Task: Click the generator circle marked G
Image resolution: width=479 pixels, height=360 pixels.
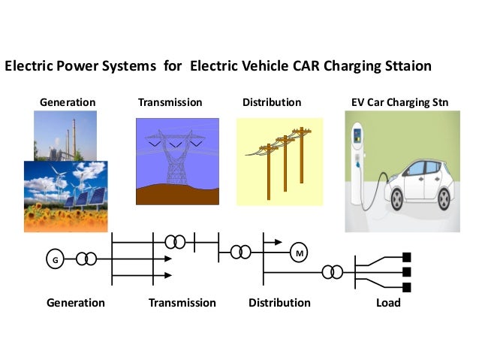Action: click(x=54, y=259)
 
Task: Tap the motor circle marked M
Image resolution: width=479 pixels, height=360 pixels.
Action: click(x=300, y=254)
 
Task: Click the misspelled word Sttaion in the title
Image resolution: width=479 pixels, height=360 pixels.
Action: click(x=405, y=66)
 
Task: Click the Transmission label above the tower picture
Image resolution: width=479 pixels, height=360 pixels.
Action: click(x=170, y=101)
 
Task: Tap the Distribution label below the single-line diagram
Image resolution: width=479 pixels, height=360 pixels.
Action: click(x=279, y=303)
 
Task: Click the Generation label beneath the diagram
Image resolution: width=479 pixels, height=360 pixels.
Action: click(x=75, y=303)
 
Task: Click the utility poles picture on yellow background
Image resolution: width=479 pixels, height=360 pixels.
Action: click(x=279, y=159)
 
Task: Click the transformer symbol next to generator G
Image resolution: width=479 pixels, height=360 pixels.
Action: click(x=86, y=259)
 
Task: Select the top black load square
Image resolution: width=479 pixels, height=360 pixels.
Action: click(x=408, y=256)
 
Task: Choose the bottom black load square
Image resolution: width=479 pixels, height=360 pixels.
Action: click(x=408, y=287)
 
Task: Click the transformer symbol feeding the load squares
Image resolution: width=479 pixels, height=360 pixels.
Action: click(x=332, y=271)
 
